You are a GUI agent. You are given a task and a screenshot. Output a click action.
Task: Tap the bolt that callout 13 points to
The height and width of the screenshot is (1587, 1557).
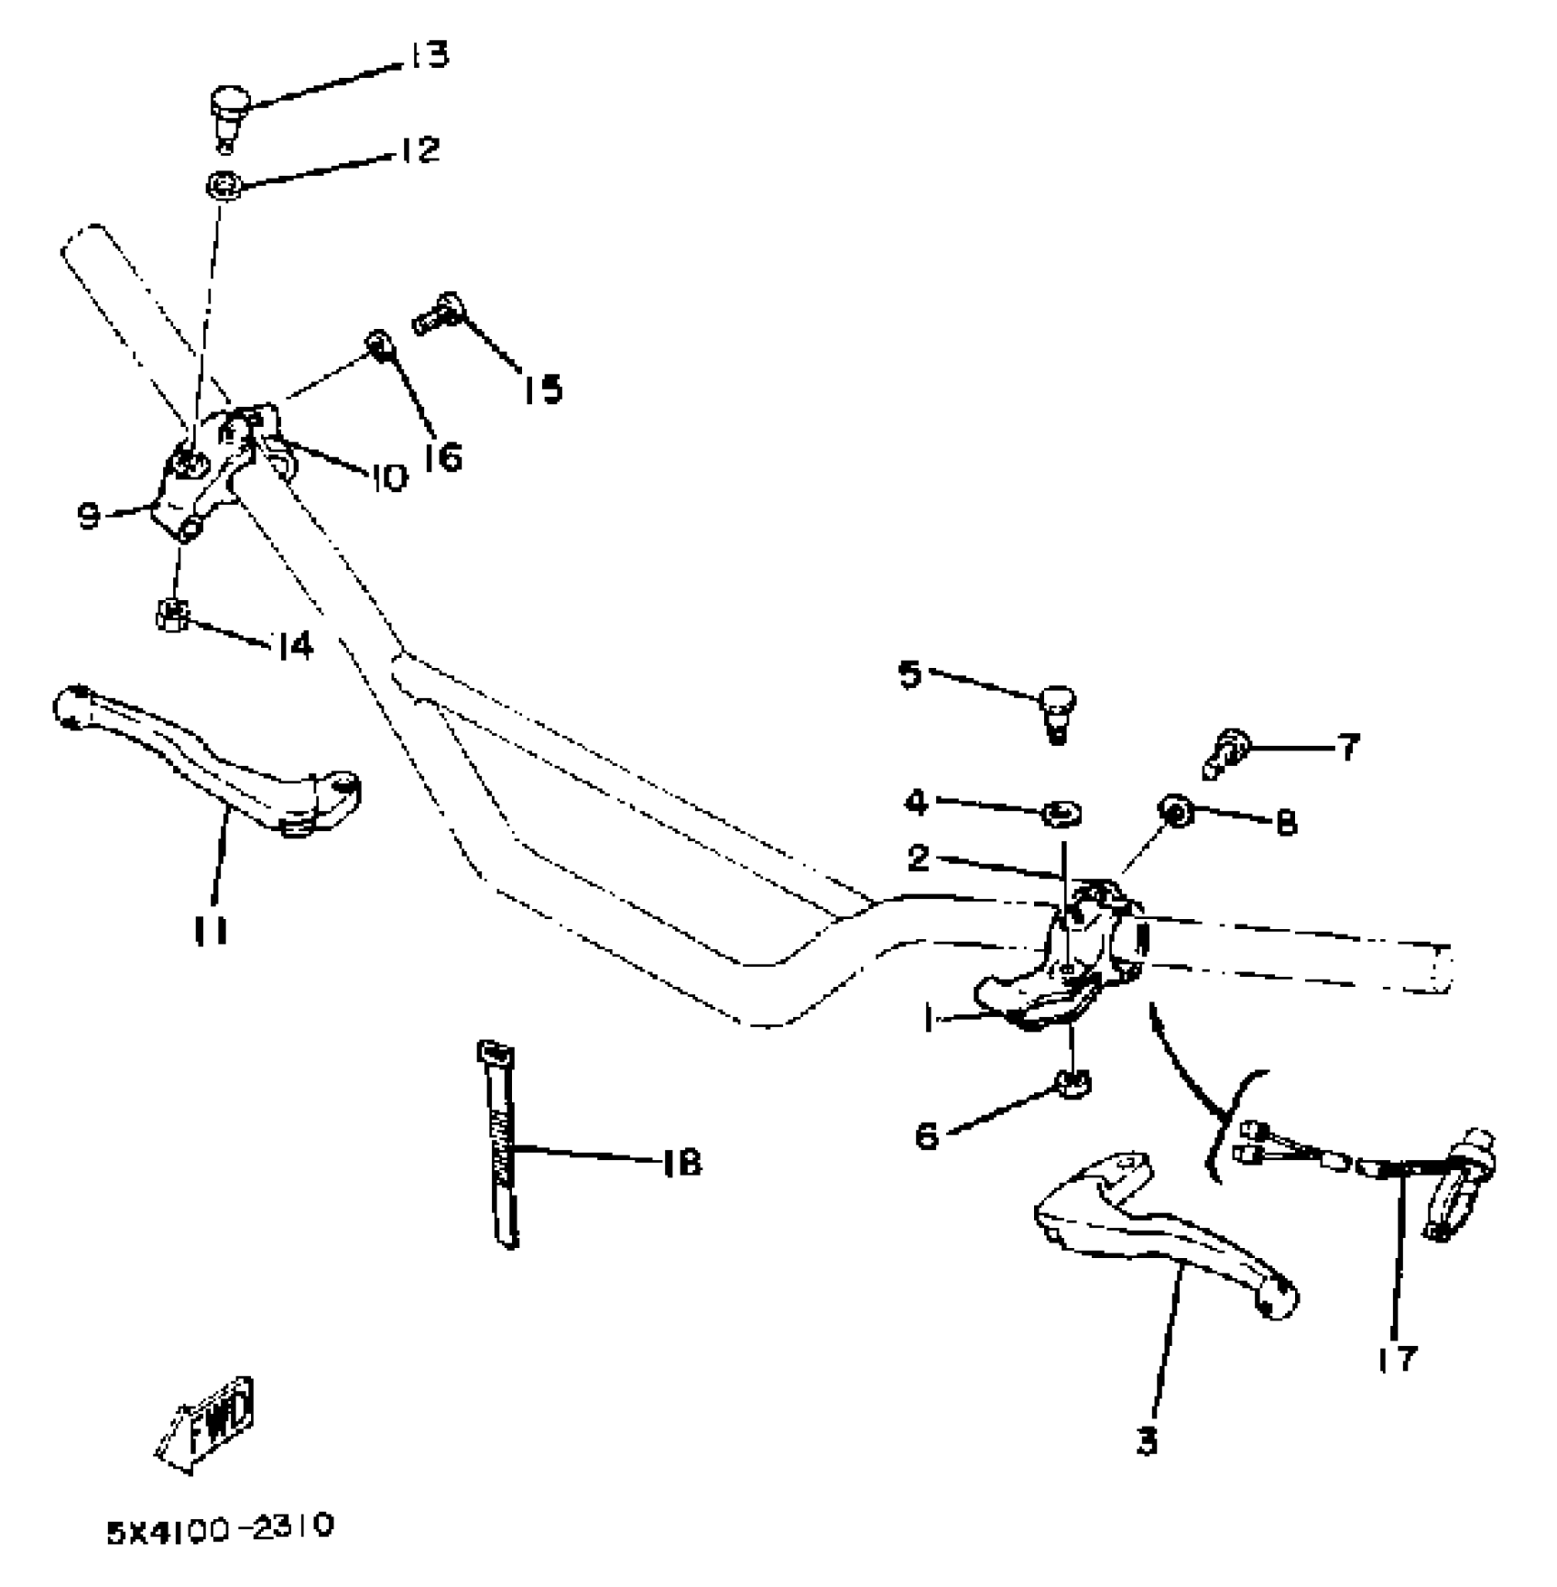pyautogui.click(x=229, y=109)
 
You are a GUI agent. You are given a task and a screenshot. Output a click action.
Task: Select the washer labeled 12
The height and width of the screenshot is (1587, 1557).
pyautogui.click(x=223, y=186)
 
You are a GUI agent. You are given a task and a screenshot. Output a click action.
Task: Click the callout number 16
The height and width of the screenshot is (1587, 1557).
pyautogui.click(x=442, y=454)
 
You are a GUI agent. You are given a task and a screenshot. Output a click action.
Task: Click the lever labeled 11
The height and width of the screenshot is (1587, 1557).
pyautogui.click(x=211, y=761)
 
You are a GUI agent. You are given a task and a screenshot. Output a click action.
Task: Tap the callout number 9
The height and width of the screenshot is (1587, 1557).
pyautogui.click(x=89, y=518)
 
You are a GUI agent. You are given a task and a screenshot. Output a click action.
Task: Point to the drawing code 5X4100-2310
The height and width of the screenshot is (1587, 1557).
pyautogui.click(x=220, y=1529)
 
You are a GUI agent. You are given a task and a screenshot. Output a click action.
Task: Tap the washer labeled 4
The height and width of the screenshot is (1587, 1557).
pyautogui.click(x=1062, y=812)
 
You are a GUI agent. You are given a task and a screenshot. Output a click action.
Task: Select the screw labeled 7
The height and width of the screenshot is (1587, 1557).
pyautogui.click(x=1224, y=750)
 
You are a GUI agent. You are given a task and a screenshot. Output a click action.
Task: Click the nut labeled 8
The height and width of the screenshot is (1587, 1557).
pyautogui.click(x=1173, y=810)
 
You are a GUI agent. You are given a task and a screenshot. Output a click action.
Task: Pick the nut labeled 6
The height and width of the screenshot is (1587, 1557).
pyautogui.click(x=1072, y=1083)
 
